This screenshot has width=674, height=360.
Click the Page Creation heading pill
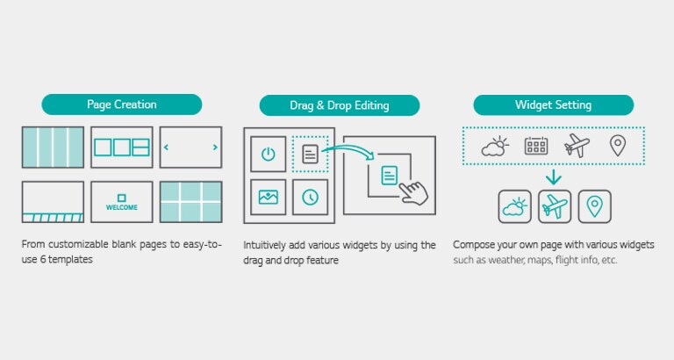(122, 104)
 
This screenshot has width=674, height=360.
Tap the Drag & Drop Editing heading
(339, 105)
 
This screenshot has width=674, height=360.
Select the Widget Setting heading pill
(553, 105)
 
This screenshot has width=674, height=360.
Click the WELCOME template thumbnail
(121, 203)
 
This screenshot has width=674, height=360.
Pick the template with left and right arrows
(190, 148)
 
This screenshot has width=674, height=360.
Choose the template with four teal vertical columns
(53, 148)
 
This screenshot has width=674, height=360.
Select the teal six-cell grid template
(190, 203)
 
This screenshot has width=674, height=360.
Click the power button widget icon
(268, 155)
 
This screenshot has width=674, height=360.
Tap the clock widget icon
(310, 198)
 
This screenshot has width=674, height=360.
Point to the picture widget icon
(268, 198)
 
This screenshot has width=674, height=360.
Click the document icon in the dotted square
(310, 155)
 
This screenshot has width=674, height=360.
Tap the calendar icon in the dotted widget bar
(536, 147)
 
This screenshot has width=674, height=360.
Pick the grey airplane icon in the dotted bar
(577, 147)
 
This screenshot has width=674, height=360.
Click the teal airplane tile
(555, 207)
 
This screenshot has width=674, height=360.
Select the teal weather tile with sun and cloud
(514, 207)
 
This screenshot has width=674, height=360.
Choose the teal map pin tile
(595, 207)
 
